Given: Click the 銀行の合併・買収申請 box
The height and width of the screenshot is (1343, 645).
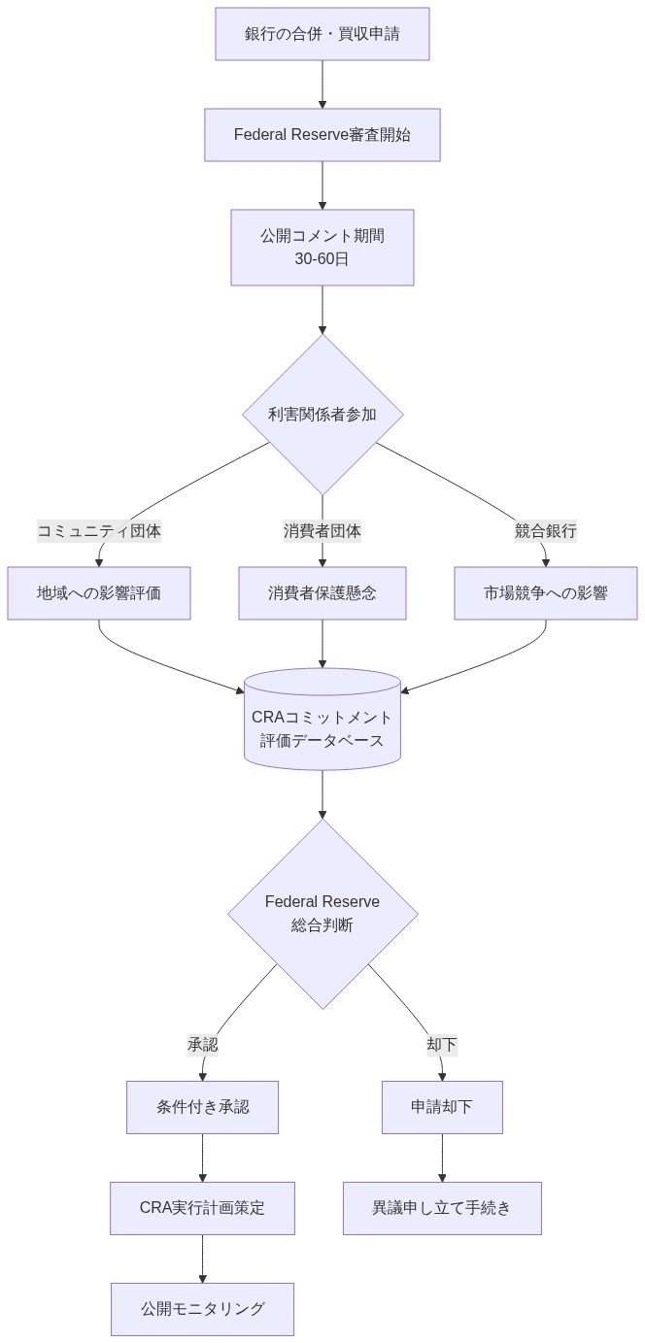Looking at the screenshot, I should point(322,34).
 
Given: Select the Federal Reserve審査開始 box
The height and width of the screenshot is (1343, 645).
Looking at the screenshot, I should point(322,135).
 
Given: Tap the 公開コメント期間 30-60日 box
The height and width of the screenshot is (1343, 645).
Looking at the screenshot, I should point(322,248).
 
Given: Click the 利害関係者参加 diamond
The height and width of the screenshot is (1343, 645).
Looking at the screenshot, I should point(322,415).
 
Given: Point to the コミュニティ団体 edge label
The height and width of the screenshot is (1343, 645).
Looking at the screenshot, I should point(99,531).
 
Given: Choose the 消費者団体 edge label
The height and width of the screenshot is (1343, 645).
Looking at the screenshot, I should point(322,531).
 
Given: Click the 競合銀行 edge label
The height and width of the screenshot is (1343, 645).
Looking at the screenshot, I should point(545,531).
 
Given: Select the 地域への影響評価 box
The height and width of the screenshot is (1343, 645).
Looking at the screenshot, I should point(99,593).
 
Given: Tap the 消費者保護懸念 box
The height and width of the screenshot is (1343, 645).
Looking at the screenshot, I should point(322,593).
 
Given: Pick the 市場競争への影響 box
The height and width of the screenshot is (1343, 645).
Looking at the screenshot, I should point(545,593).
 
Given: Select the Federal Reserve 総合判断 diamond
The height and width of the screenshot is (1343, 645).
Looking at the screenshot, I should point(322,914).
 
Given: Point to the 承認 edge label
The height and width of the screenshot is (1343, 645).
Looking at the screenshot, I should point(202,1045).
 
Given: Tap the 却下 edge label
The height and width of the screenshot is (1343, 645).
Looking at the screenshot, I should point(441,1045).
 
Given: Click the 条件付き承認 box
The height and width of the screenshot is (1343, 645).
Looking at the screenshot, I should point(202,1107).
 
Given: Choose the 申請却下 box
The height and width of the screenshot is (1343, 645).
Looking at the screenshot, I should point(442,1107).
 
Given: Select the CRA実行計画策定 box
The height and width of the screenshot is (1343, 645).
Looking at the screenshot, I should point(202,1208).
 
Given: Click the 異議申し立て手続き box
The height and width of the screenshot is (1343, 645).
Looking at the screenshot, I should point(442,1208).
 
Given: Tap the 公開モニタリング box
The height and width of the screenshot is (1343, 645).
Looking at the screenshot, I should point(202,1309).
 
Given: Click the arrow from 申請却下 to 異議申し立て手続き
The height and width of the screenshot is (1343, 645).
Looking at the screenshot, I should point(442,1158).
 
